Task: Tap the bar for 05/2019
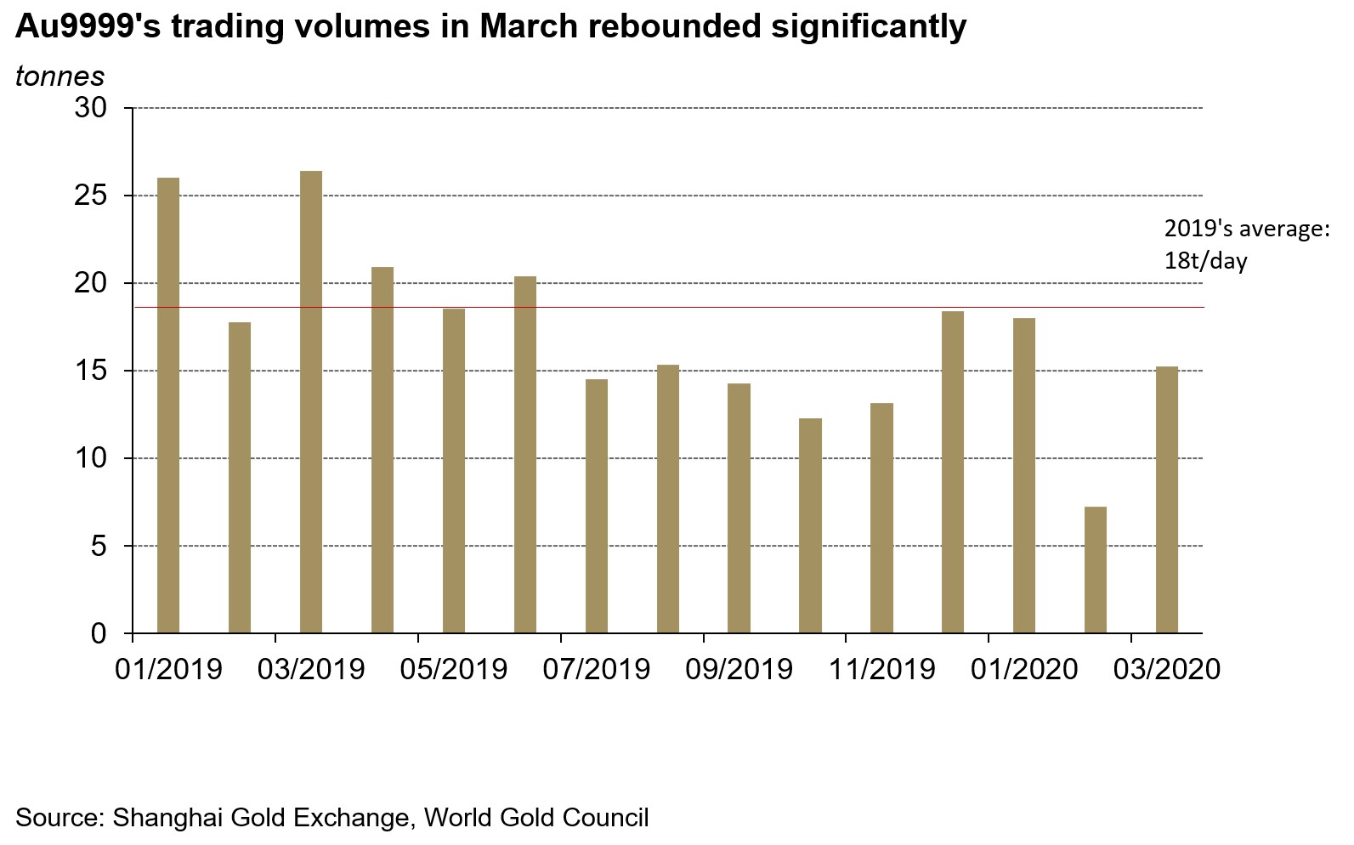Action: click(x=454, y=471)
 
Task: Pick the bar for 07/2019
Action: click(x=597, y=507)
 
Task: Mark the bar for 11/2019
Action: click(x=882, y=518)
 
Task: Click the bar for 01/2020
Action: click(x=1024, y=475)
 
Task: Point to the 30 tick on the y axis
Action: click(x=91, y=108)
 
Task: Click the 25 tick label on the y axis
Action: click(x=91, y=196)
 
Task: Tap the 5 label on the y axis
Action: click(x=99, y=546)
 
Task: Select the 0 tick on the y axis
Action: click(x=99, y=633)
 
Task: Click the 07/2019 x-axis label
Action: click(x=597, y=669)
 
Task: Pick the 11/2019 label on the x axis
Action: click(x=882, y=669)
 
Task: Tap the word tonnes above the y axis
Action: click(x=59, y=76)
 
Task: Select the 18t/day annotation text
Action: click(x=1205, y=260)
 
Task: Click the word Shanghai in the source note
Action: click(x=164, y=817)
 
